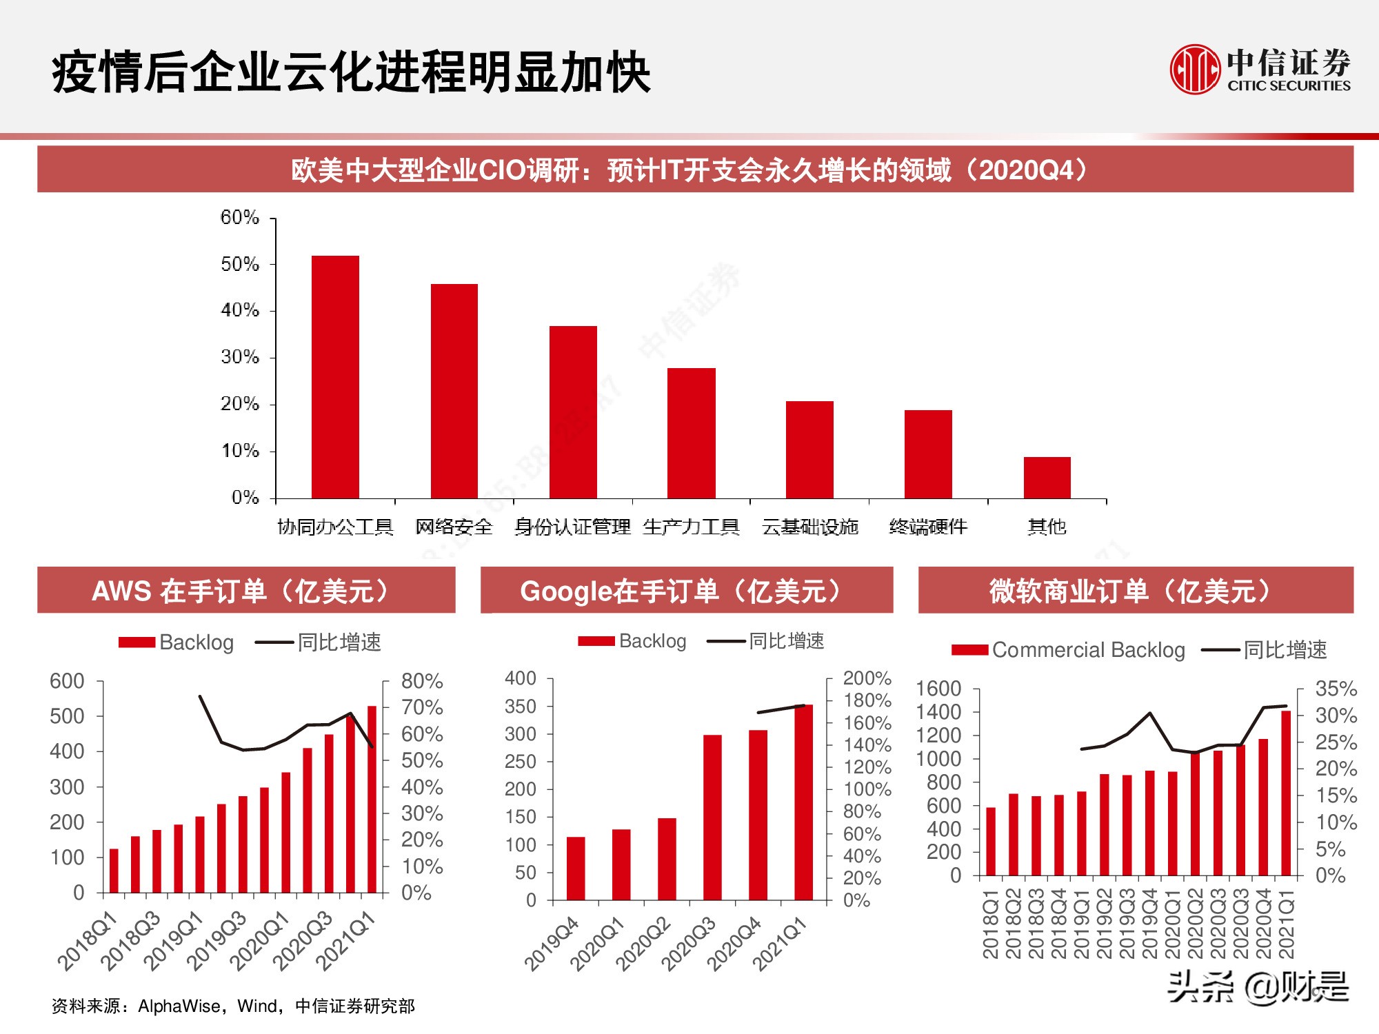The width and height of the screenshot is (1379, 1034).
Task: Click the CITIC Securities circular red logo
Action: [1195, 70]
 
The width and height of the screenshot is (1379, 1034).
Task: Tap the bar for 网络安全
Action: [454, 391]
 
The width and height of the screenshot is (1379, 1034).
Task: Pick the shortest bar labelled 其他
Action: [1047, 477]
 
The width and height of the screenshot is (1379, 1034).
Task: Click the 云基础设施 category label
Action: [809, 527]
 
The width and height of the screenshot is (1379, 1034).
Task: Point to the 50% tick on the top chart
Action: [240, 264]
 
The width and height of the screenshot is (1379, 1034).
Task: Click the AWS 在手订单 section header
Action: [246, 591]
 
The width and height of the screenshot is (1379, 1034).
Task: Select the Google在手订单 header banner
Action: [686, 591]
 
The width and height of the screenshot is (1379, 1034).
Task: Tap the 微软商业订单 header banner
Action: [1136, 591]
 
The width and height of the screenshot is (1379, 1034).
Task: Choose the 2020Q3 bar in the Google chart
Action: [712, 817]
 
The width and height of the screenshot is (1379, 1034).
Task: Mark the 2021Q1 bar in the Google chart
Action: [803, 802]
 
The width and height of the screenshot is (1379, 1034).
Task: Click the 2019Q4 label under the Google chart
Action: [552, 945]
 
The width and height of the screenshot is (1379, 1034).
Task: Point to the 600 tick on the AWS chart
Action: [67, 681]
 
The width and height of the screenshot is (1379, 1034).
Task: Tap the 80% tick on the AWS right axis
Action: [421, 681]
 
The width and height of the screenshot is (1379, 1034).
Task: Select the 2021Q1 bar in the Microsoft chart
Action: [1285, 793]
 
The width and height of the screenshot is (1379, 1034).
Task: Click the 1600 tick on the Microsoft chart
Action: [938, 689]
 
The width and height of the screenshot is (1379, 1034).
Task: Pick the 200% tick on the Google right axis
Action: [867, 678]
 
